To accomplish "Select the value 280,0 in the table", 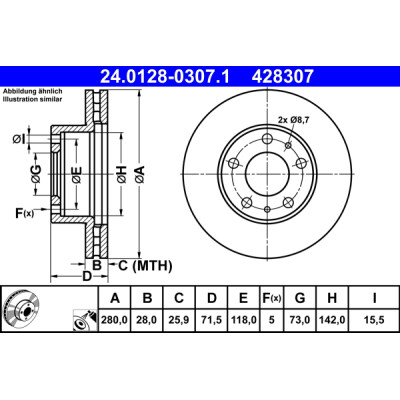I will click(x=117, y=321).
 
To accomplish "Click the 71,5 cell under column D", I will click(x=213, y=321).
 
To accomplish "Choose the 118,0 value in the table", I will click(x=245, y=321).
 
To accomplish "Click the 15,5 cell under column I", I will click(x=372, y=321).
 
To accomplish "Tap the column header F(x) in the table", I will click(x=271, y=298).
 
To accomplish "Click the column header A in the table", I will click(x=117, y=298).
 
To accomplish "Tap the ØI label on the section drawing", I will click(x=21, y=137).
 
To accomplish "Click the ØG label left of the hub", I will click(x=36, y=177).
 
